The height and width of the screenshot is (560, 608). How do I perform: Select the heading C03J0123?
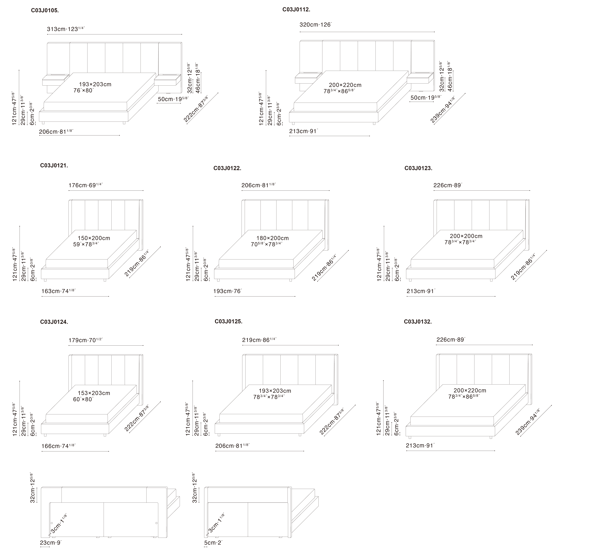point(419,168)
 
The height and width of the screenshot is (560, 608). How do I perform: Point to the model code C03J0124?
point(54,322)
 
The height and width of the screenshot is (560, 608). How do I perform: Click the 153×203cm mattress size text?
point(94,393)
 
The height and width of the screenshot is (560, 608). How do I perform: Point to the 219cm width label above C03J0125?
point(259,340)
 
